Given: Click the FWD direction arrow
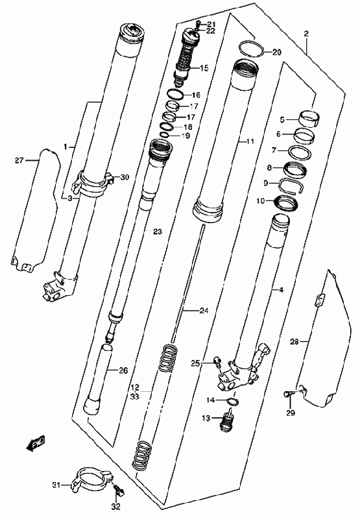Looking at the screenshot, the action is [x=36, y=444].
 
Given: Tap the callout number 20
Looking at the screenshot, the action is [x=277, y=53].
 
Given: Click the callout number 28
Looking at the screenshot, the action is [x=294, y=342].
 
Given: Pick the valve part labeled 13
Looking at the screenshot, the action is [x=227, y=420].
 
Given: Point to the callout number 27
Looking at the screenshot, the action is [x=19, y=160].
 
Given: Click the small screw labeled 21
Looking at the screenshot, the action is [x=198, y=23].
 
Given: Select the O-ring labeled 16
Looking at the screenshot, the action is [x=175, y=94].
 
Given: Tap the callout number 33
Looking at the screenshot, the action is [x=135, y=396].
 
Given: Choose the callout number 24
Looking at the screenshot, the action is [x=204, y=311].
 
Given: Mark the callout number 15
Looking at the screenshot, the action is [x=204, y=68].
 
